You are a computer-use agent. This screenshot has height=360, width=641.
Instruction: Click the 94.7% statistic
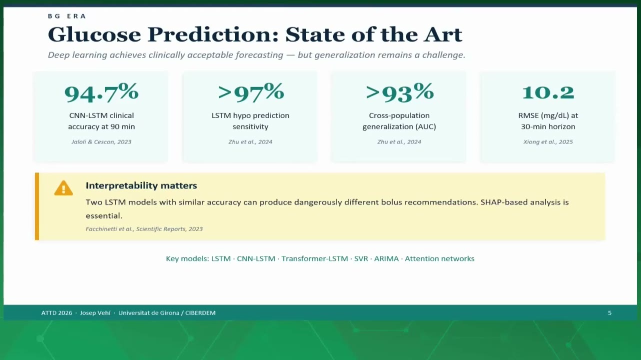pos(101,92)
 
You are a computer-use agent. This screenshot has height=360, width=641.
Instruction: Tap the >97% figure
pos(250,92)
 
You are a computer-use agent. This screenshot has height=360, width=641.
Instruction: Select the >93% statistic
pos(399,92)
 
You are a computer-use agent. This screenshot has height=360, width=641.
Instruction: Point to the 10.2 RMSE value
pos(548,92)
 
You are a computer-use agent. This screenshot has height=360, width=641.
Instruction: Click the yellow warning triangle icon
pos(63,188)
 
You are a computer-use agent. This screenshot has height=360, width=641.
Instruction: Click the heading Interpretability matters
pos(141,185)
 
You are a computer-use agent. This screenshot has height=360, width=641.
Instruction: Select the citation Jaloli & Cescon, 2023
pos(101,142)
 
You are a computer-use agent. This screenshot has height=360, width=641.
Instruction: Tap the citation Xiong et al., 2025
pos(548,142)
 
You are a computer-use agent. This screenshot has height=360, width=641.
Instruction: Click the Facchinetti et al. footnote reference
pos(144,229)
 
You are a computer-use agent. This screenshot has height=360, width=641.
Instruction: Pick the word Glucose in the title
pos(94,34)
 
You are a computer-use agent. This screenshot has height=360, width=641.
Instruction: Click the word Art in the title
pos(443,34)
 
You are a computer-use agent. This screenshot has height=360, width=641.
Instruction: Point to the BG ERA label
pos(67,16)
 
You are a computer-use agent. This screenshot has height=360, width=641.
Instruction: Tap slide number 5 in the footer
pos(610,313)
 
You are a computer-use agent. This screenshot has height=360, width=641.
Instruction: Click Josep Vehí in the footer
pos(95,313)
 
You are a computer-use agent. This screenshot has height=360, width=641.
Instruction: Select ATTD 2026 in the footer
pos(56,313)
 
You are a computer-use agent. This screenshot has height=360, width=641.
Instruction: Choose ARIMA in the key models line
pos(386,258)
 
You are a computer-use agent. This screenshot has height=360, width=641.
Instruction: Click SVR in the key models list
pos(361,258)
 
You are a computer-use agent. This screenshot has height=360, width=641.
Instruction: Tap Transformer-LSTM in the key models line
pos(315,258)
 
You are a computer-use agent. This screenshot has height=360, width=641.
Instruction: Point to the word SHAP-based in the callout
pos(504,202)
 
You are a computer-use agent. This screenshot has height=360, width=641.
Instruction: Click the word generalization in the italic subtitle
pos(345,55)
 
